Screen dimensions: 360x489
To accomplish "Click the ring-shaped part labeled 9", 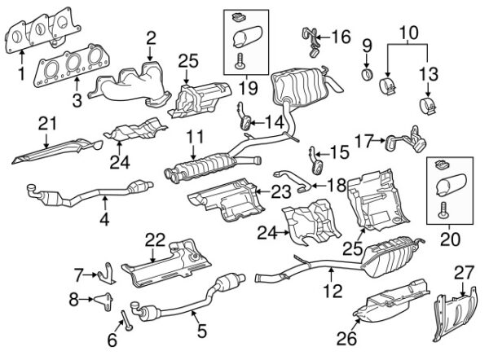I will tap(367, 76).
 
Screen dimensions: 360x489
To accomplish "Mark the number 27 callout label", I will tap(463, 271).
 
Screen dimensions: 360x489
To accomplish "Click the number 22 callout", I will tap(155, 239).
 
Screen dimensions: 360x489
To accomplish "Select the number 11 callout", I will tap(192, 138).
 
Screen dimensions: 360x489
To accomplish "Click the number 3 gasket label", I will tap(76, 100).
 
